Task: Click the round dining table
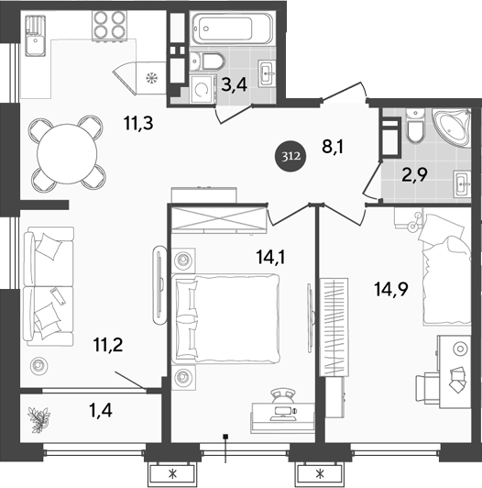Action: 68,150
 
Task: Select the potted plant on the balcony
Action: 40,419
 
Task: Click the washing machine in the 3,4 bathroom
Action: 201,89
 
